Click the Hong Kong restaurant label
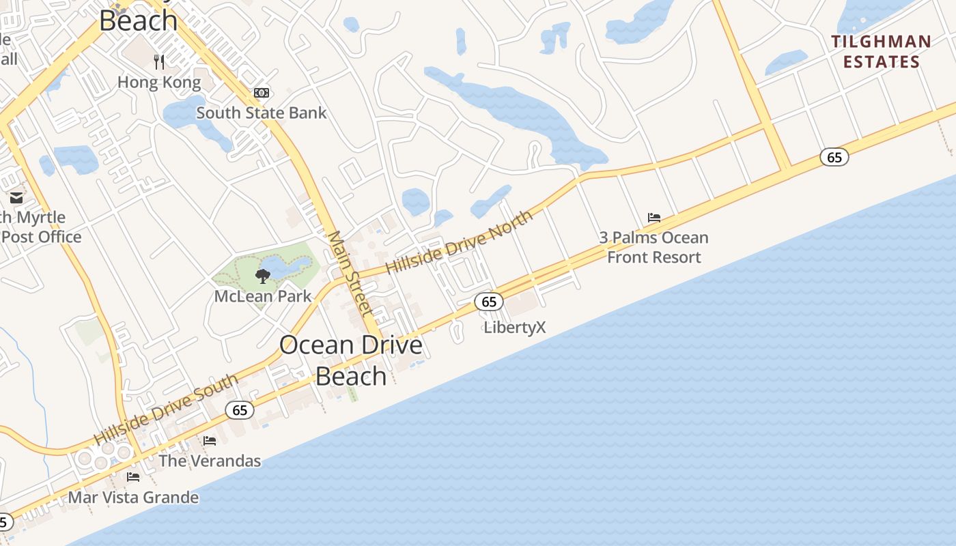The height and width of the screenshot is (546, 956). (x=159, y=83)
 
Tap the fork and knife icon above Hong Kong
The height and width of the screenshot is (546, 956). (x=159, y=62)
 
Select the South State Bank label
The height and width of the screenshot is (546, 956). (x=262, y=113)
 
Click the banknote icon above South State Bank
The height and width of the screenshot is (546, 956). (x=262, y=93)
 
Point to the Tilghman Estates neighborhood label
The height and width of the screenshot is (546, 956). (x=881, y=52)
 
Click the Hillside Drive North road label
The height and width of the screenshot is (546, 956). (x=459, y=243)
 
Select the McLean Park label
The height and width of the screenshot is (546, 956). (x=263, y=296)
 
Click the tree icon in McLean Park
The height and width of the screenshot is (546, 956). (x=262, y=276)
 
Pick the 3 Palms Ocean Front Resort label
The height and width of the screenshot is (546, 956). (x=654, y=247)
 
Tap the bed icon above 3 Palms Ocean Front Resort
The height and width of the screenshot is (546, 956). (x=654, y=218)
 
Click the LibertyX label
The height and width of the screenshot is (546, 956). (x=515, y=328)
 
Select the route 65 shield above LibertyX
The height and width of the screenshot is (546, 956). (x=488, y=302)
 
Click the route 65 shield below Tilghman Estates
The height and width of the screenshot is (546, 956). (x=834, y=157)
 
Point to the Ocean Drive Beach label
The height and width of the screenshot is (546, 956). (x=351, y=360)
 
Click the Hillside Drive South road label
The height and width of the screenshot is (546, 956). (x=166, y=409)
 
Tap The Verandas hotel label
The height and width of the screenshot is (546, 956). (x=210, y=461)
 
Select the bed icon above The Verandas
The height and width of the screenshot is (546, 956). (x=210, y=441)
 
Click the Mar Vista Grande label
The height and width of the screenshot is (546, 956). (x=133, y=498)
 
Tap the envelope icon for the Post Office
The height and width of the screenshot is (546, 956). (x=16, y=198)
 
